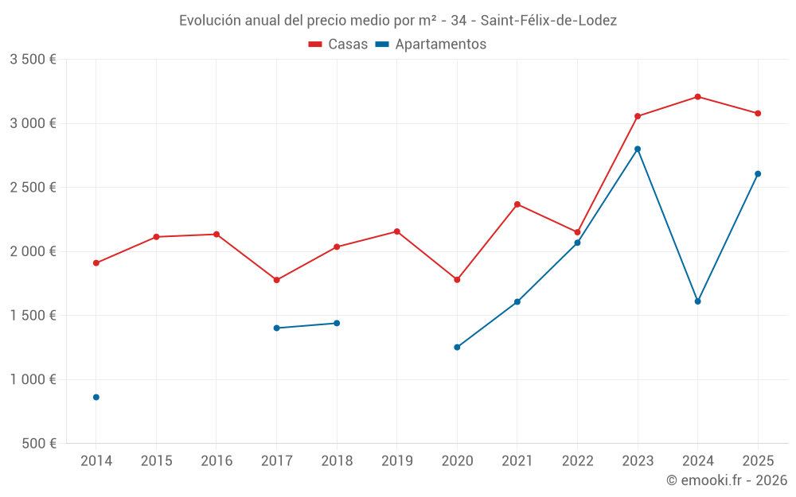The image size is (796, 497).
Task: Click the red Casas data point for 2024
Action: coord(697,97)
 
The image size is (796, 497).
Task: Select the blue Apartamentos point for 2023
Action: coord(638,149)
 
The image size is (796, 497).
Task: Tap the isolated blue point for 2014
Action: coord(96,397)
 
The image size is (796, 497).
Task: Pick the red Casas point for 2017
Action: coord(276,280)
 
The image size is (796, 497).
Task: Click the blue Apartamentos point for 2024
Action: coord(697,301)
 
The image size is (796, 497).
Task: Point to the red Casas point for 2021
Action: coord(517,204)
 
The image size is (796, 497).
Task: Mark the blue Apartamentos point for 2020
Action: coord(457,348)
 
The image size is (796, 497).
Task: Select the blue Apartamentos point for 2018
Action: coord(337,323)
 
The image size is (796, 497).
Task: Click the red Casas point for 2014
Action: coord(96,263)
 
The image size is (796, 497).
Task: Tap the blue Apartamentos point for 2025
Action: coord(758,173)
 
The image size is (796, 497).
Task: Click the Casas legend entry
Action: coord(338,45)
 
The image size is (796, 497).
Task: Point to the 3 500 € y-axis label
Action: coord(33,60)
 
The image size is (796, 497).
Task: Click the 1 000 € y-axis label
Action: coord(33,379)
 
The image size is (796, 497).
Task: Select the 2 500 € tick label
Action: coord(33,188)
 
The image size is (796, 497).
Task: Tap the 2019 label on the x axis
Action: coord(396,460)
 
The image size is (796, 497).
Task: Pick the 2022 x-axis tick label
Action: coord(577,460)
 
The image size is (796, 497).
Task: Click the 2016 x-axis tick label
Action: coord(217,460)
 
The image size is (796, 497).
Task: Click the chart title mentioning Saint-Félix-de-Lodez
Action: coord(398,21)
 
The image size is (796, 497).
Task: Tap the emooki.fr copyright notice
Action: coord(727,480)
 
